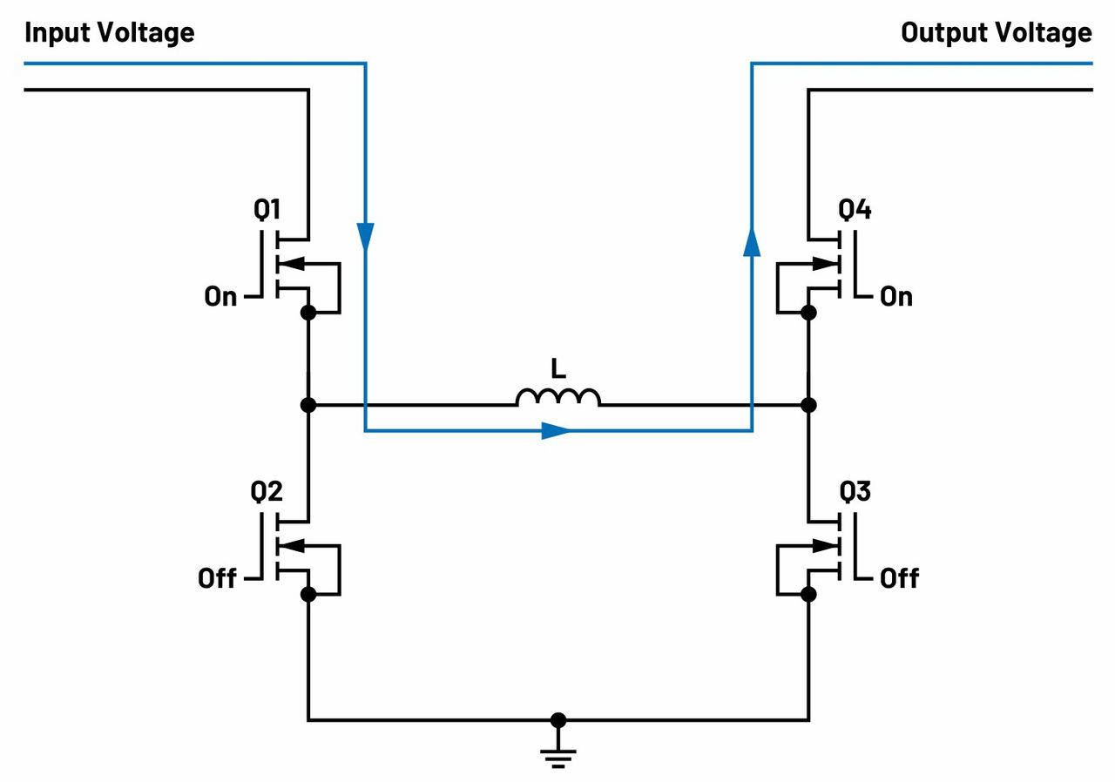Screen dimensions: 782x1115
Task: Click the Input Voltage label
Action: click(x=109, y=33)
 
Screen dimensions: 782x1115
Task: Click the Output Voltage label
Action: click(x=996, y=33)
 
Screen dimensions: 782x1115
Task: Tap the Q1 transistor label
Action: click(x=267, y=210)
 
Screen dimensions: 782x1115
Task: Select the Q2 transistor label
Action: click(x=267, y=492)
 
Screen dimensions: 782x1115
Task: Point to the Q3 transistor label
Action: click(x=855, y=492)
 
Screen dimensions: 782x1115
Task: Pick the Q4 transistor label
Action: click(x=855, y=210)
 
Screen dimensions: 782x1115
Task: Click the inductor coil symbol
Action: click(x=557, y=397)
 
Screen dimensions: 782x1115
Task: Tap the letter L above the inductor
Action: click(x=558, y=369)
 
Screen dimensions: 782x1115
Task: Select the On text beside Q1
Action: click(x=220, y=297)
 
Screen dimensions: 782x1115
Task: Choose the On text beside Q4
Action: click(x=896, y=297)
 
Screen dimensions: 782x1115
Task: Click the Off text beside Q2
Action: click(x=217, y=578)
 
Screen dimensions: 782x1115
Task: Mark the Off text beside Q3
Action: click(x=899, y=578)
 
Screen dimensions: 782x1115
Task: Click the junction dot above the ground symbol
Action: click(x=558, y=720)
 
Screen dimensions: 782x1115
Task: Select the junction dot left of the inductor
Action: click(x=307, y=405)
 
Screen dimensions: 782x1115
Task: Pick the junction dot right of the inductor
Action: click(x=808, y=405)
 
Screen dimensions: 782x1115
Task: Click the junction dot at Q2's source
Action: click(x=307, y=594)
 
